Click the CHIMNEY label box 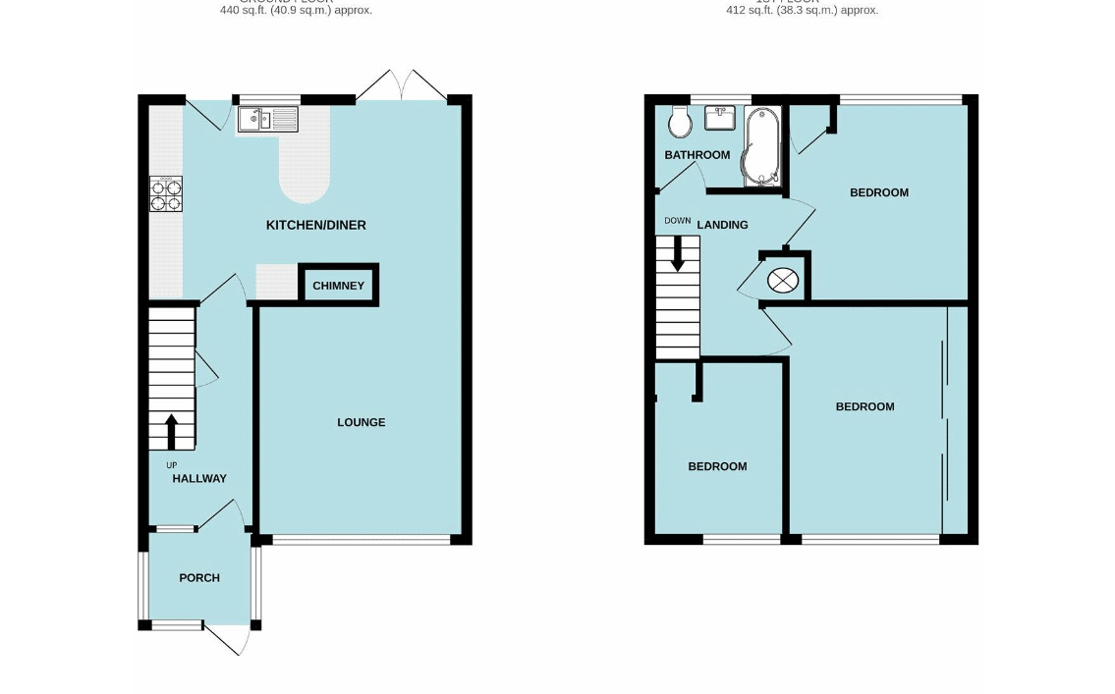(338, 286)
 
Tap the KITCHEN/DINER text (315, 225)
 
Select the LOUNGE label (361, 422)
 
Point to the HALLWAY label (199, 478)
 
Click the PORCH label (199, 578)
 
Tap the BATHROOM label (697, 155)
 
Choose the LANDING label (722, 225)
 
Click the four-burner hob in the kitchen (166, 194)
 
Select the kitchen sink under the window (267, 121)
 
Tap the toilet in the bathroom (679, 123)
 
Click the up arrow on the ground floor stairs (171, 431)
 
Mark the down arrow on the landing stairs (677, 255)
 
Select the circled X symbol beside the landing (783, 280)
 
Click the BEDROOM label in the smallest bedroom (717, 466)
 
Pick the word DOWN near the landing (677, 221)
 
